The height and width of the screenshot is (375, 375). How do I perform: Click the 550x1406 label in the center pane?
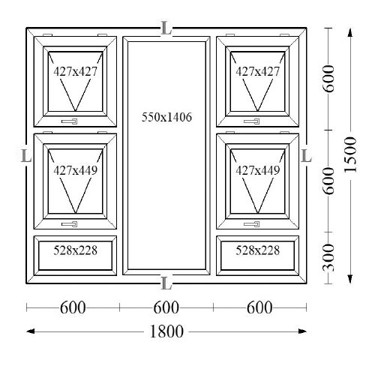click(x=166, y=117)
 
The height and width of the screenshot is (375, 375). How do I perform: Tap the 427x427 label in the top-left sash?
click(x=75, y=71)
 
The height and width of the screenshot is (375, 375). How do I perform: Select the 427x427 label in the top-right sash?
click(x=257, y=71)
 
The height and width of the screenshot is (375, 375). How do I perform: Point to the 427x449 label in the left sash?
click(x=75, y=170)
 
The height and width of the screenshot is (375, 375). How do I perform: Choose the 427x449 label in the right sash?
click(x=257, y=170)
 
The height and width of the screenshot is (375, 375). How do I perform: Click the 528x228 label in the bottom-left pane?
click(x=75, y=250)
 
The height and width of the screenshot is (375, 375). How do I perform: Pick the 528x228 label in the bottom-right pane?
click(x=257, y=250)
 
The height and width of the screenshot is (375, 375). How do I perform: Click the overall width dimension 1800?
click(x=166, y=331)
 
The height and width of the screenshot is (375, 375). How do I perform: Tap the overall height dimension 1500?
click(x=350, y=154)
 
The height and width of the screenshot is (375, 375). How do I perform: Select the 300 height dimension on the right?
click(x=328, y=258)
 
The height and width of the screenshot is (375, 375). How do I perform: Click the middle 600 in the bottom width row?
click(x=166, y=307)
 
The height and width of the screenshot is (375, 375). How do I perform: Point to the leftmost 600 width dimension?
click(x=73, y=307)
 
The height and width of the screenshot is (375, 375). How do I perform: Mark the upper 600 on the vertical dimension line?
click(x=328, y=79)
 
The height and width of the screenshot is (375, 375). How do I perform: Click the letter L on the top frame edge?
click(x=166, y=28)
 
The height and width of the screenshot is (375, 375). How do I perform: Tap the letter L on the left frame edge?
click(x=26, y=156)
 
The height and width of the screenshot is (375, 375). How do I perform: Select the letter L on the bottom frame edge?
click(x=166, y=283)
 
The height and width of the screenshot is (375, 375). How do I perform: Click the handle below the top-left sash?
click(x=70, y=121)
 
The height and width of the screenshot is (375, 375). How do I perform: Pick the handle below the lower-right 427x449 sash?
click(x=252, y=224)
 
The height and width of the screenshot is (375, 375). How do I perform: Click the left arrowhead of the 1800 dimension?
click(x=30, y=331)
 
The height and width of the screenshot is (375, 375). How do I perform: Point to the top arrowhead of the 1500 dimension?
click(x=350, y=32)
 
